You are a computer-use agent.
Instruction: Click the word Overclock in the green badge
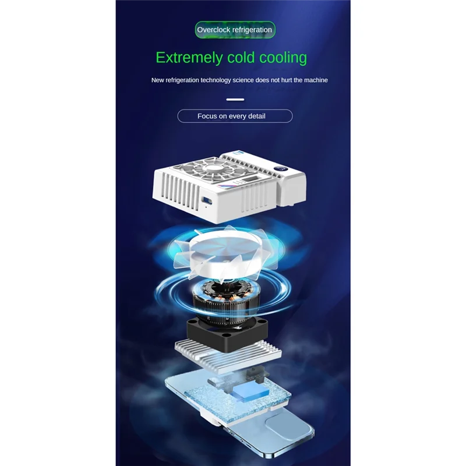(214, 30)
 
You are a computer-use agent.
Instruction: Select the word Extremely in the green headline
(189, 58)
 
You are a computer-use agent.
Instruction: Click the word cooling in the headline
(283, 58)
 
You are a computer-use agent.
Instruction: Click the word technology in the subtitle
(216, 80)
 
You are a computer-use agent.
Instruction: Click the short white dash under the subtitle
(235, 100)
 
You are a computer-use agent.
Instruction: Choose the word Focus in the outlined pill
(207, 116)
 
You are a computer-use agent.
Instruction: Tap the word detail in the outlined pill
(256, 116)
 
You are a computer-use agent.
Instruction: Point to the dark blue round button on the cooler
(277, 168)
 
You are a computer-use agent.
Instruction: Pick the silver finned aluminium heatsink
(228, 356)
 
